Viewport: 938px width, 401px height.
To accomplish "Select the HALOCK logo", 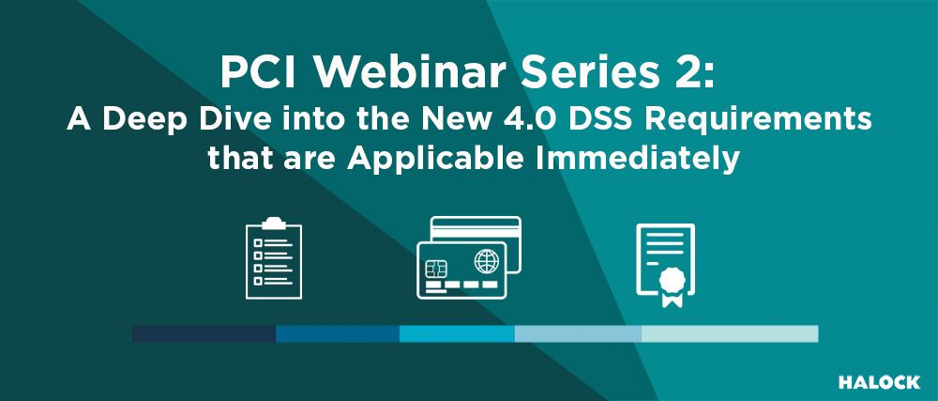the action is coord(880,382).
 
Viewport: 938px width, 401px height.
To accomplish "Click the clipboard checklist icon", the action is coord(274,258).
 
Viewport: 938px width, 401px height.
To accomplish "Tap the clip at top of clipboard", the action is coord(274,223).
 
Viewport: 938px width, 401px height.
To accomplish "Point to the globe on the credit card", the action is coord(486,262).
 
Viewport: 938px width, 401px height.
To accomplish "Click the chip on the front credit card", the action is coord(437,270).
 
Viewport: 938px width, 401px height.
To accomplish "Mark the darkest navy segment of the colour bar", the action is coord(204,334).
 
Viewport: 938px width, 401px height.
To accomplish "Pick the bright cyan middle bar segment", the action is coord(457,334).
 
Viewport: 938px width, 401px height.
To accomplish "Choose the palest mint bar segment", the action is coord(730,334).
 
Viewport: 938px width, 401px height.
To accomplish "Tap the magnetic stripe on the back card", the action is coord(477,230).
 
